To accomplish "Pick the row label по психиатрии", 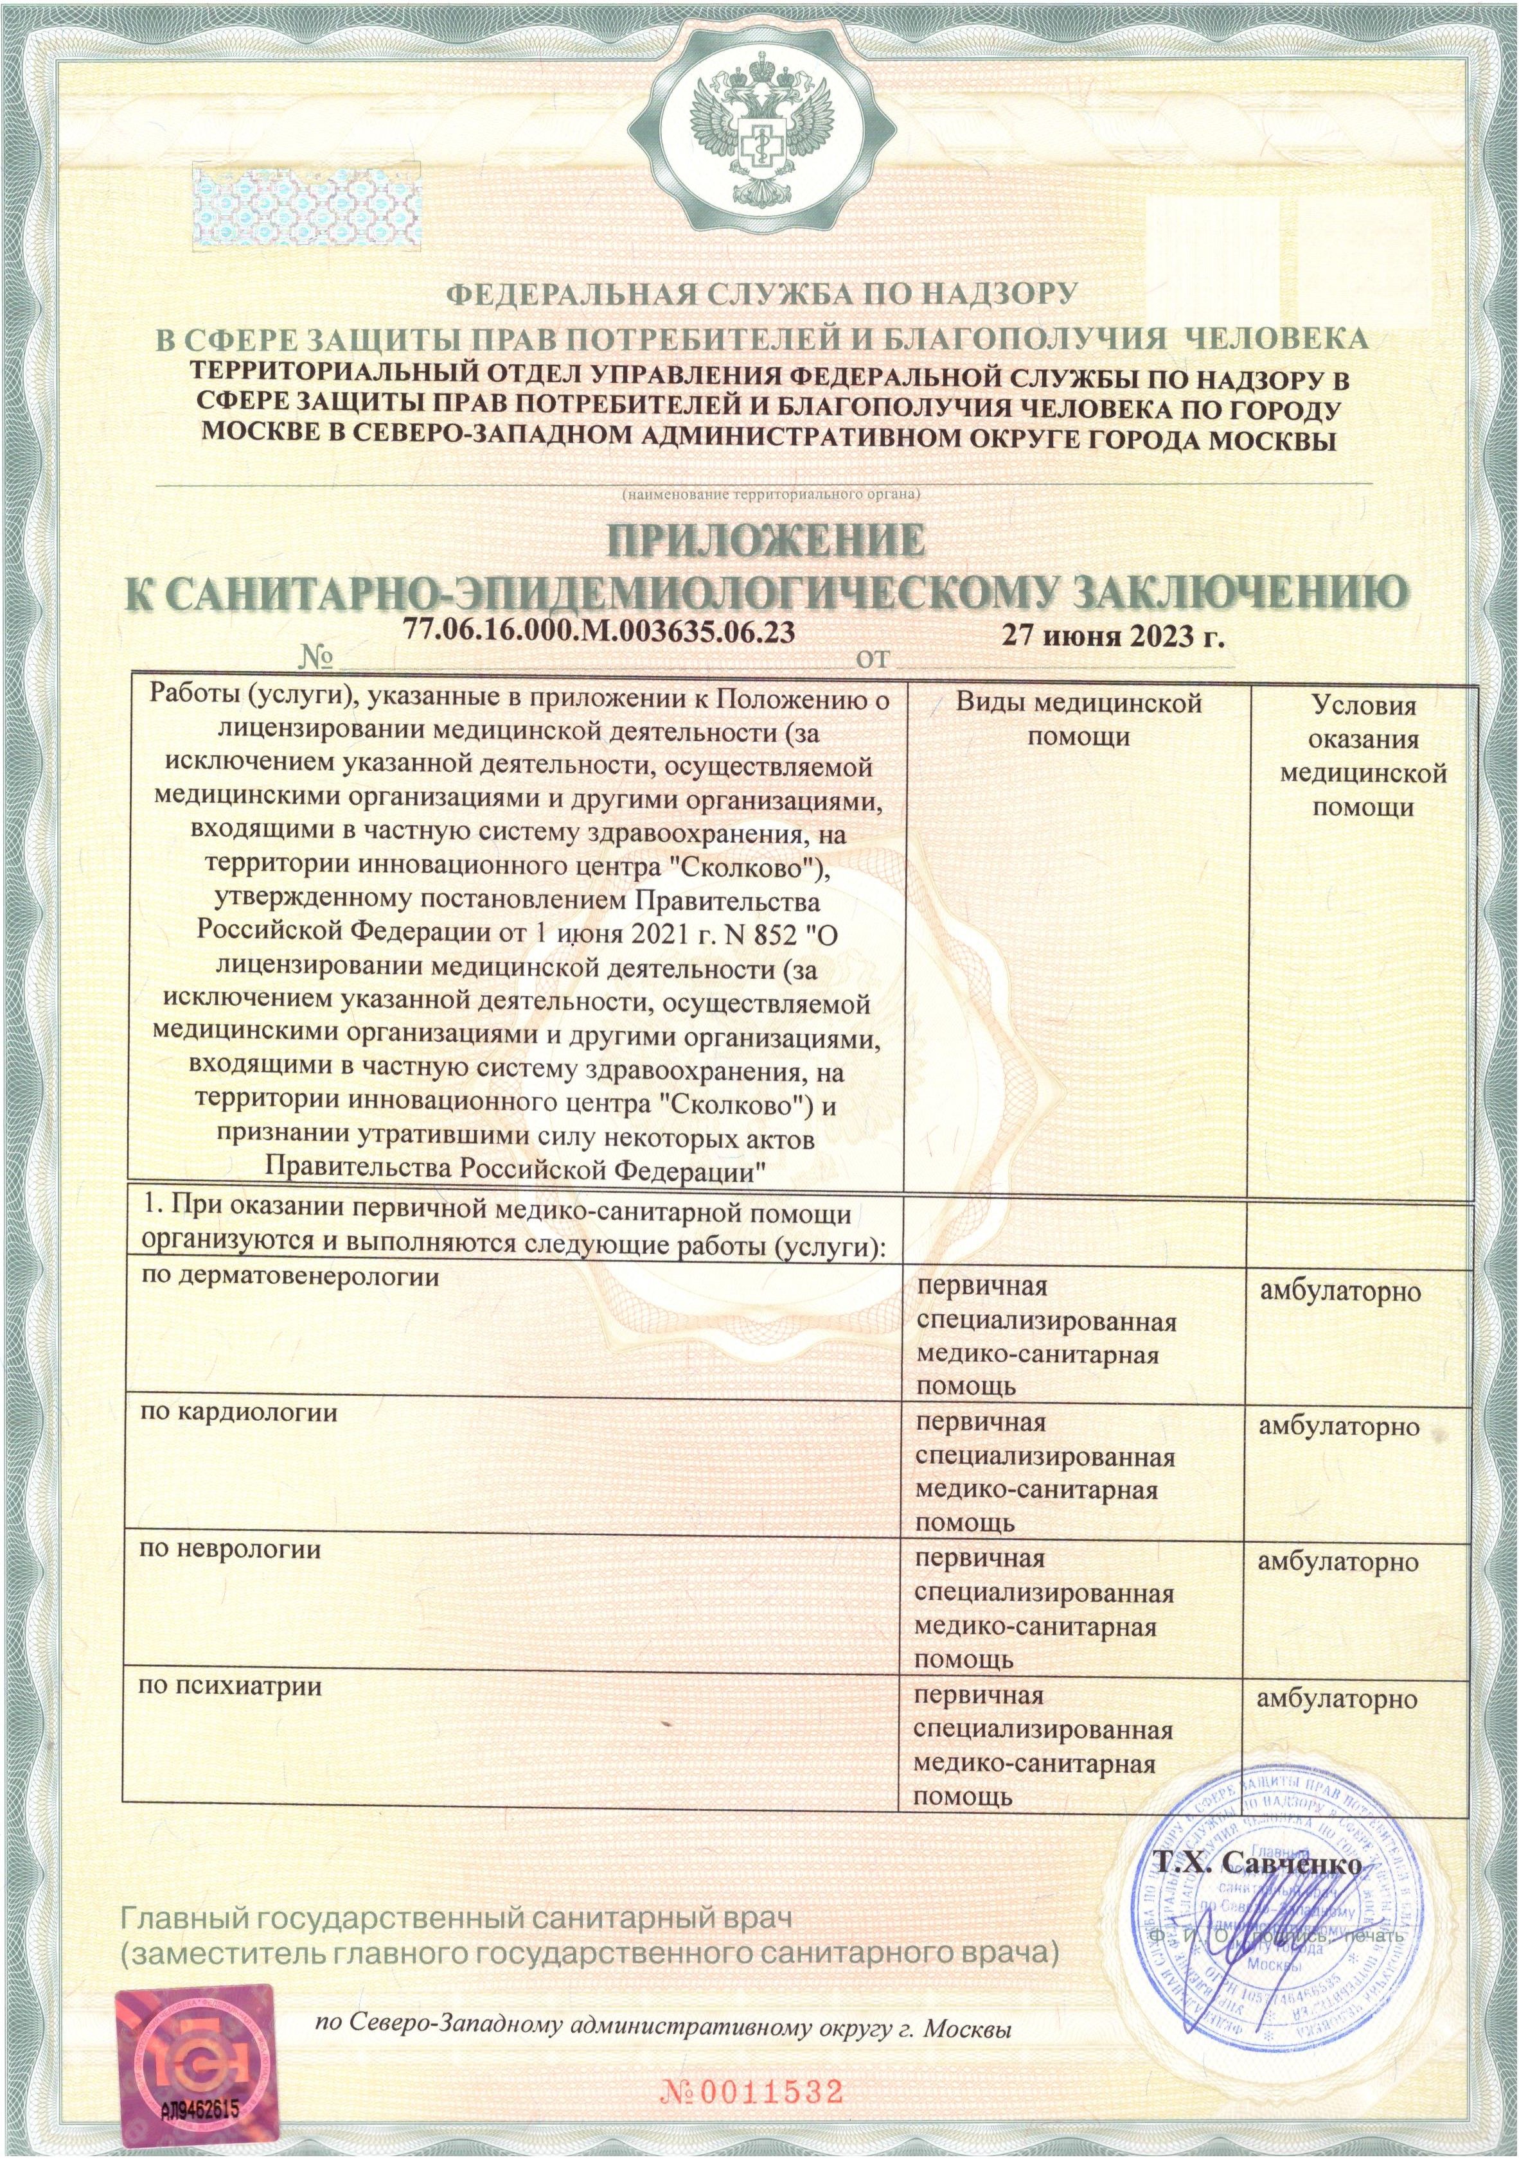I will coord(231,1685).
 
